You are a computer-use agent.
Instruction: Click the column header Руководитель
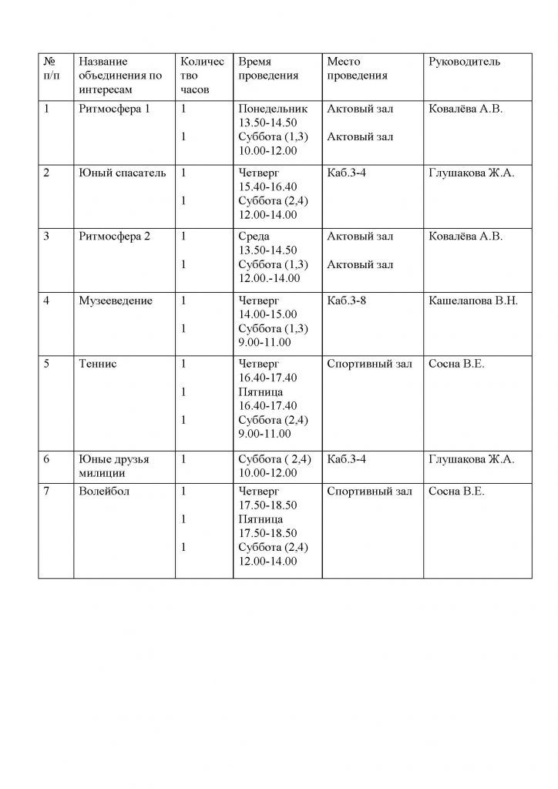[x=464, y=62]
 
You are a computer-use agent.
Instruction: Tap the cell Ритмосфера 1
[x=114, y=109]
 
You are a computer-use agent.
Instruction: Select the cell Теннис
[x=97, y=364]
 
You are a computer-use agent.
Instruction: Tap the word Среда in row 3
[x=254, y=237]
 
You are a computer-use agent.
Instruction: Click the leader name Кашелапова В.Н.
[x=473, y=300]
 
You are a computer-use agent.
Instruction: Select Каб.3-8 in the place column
[x=346, y=300]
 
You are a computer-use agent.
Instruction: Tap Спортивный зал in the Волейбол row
[x=370, y=491]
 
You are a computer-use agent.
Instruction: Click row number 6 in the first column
[x=47, y=459]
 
